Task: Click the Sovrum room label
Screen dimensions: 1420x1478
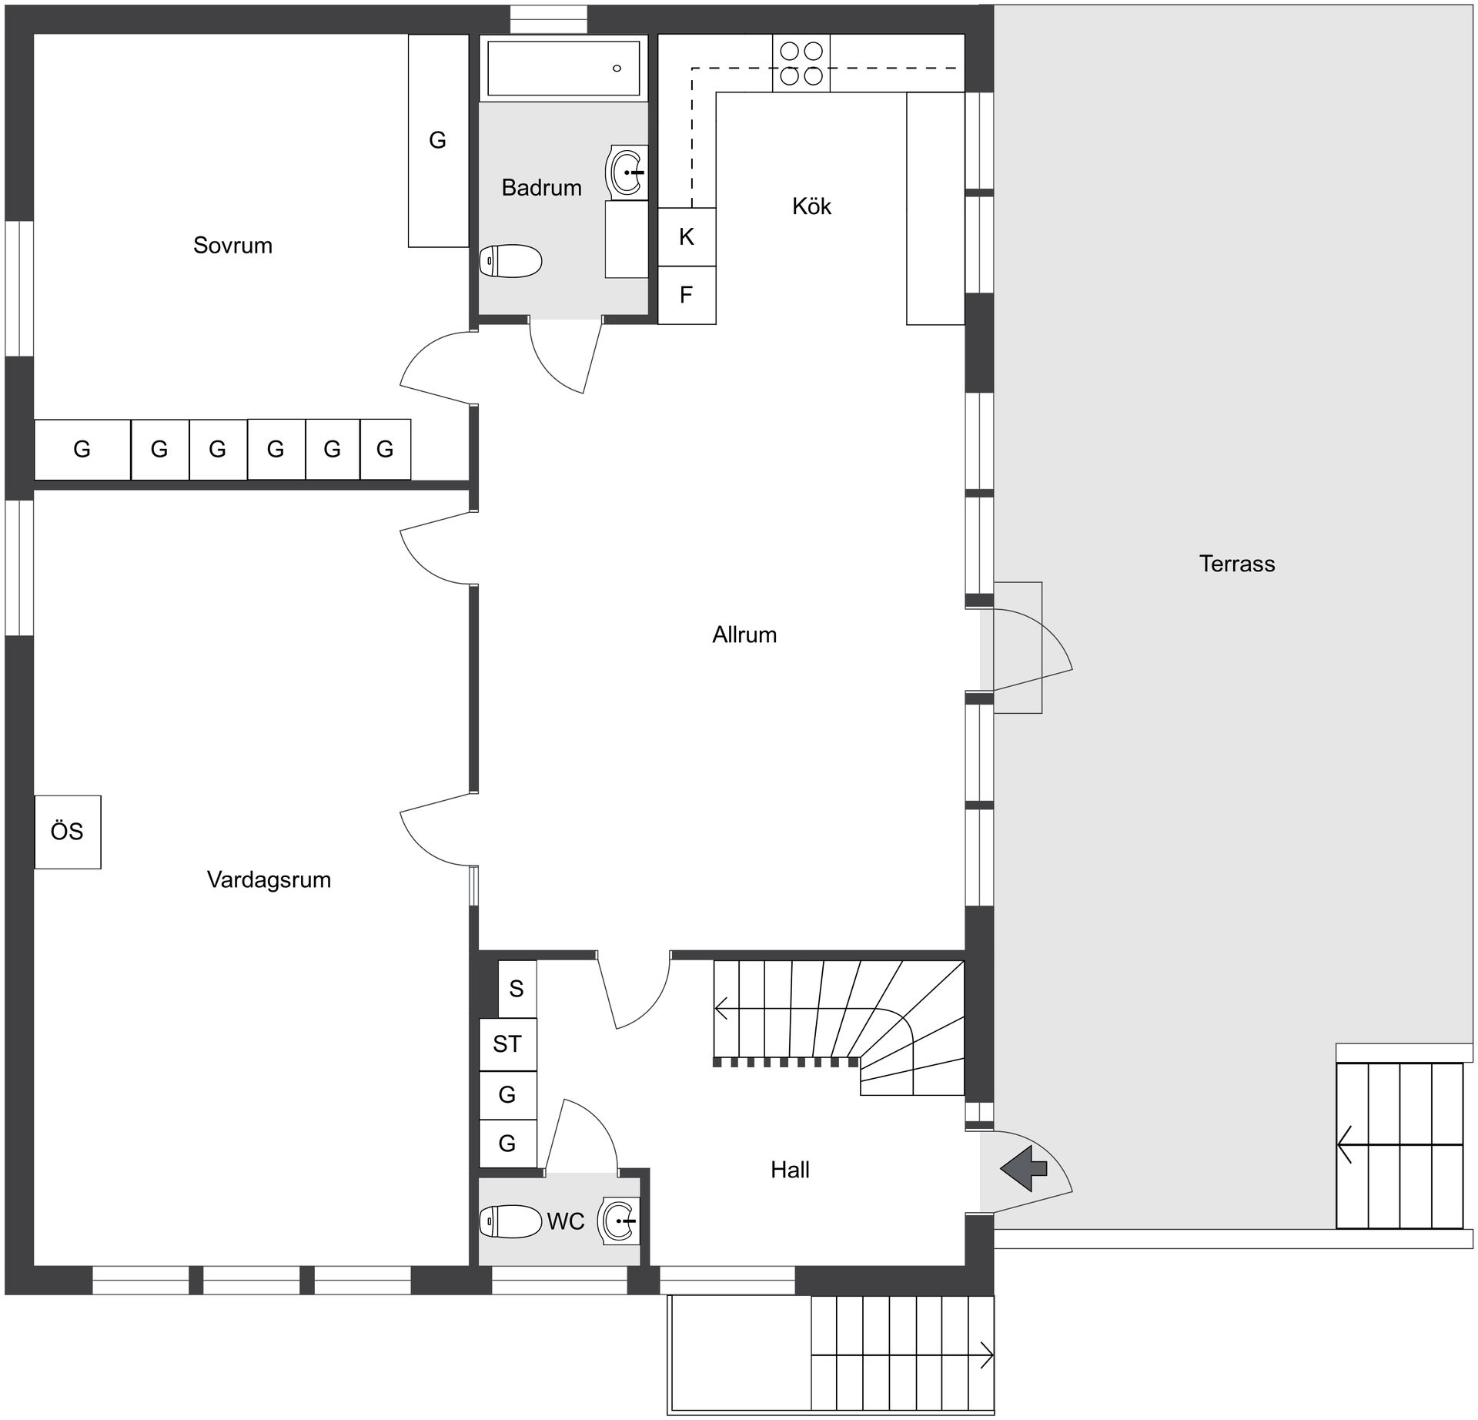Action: pos(232,246)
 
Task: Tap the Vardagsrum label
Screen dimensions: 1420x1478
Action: pos(269,879)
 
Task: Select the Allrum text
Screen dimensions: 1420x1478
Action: pos(744,635)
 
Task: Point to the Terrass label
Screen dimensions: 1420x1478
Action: pos(1236,564)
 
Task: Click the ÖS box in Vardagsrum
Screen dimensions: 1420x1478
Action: pos(68,832)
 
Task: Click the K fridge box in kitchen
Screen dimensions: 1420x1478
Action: pos(687,237)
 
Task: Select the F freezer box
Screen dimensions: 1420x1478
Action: pos(687,295)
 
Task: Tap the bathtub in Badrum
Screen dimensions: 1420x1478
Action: pos(563,69)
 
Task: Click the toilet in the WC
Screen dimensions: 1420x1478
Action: pos(510,1221)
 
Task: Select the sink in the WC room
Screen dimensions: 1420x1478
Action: pos(620,1221)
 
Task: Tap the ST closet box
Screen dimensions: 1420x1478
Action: pos(507,1044)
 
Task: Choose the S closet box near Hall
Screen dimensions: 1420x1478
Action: pos(517,989)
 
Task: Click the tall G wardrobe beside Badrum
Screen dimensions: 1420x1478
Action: pos(438,141)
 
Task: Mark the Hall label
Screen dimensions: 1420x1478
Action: pos(790,1170)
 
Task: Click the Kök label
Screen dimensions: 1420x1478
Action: pos(811,206)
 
